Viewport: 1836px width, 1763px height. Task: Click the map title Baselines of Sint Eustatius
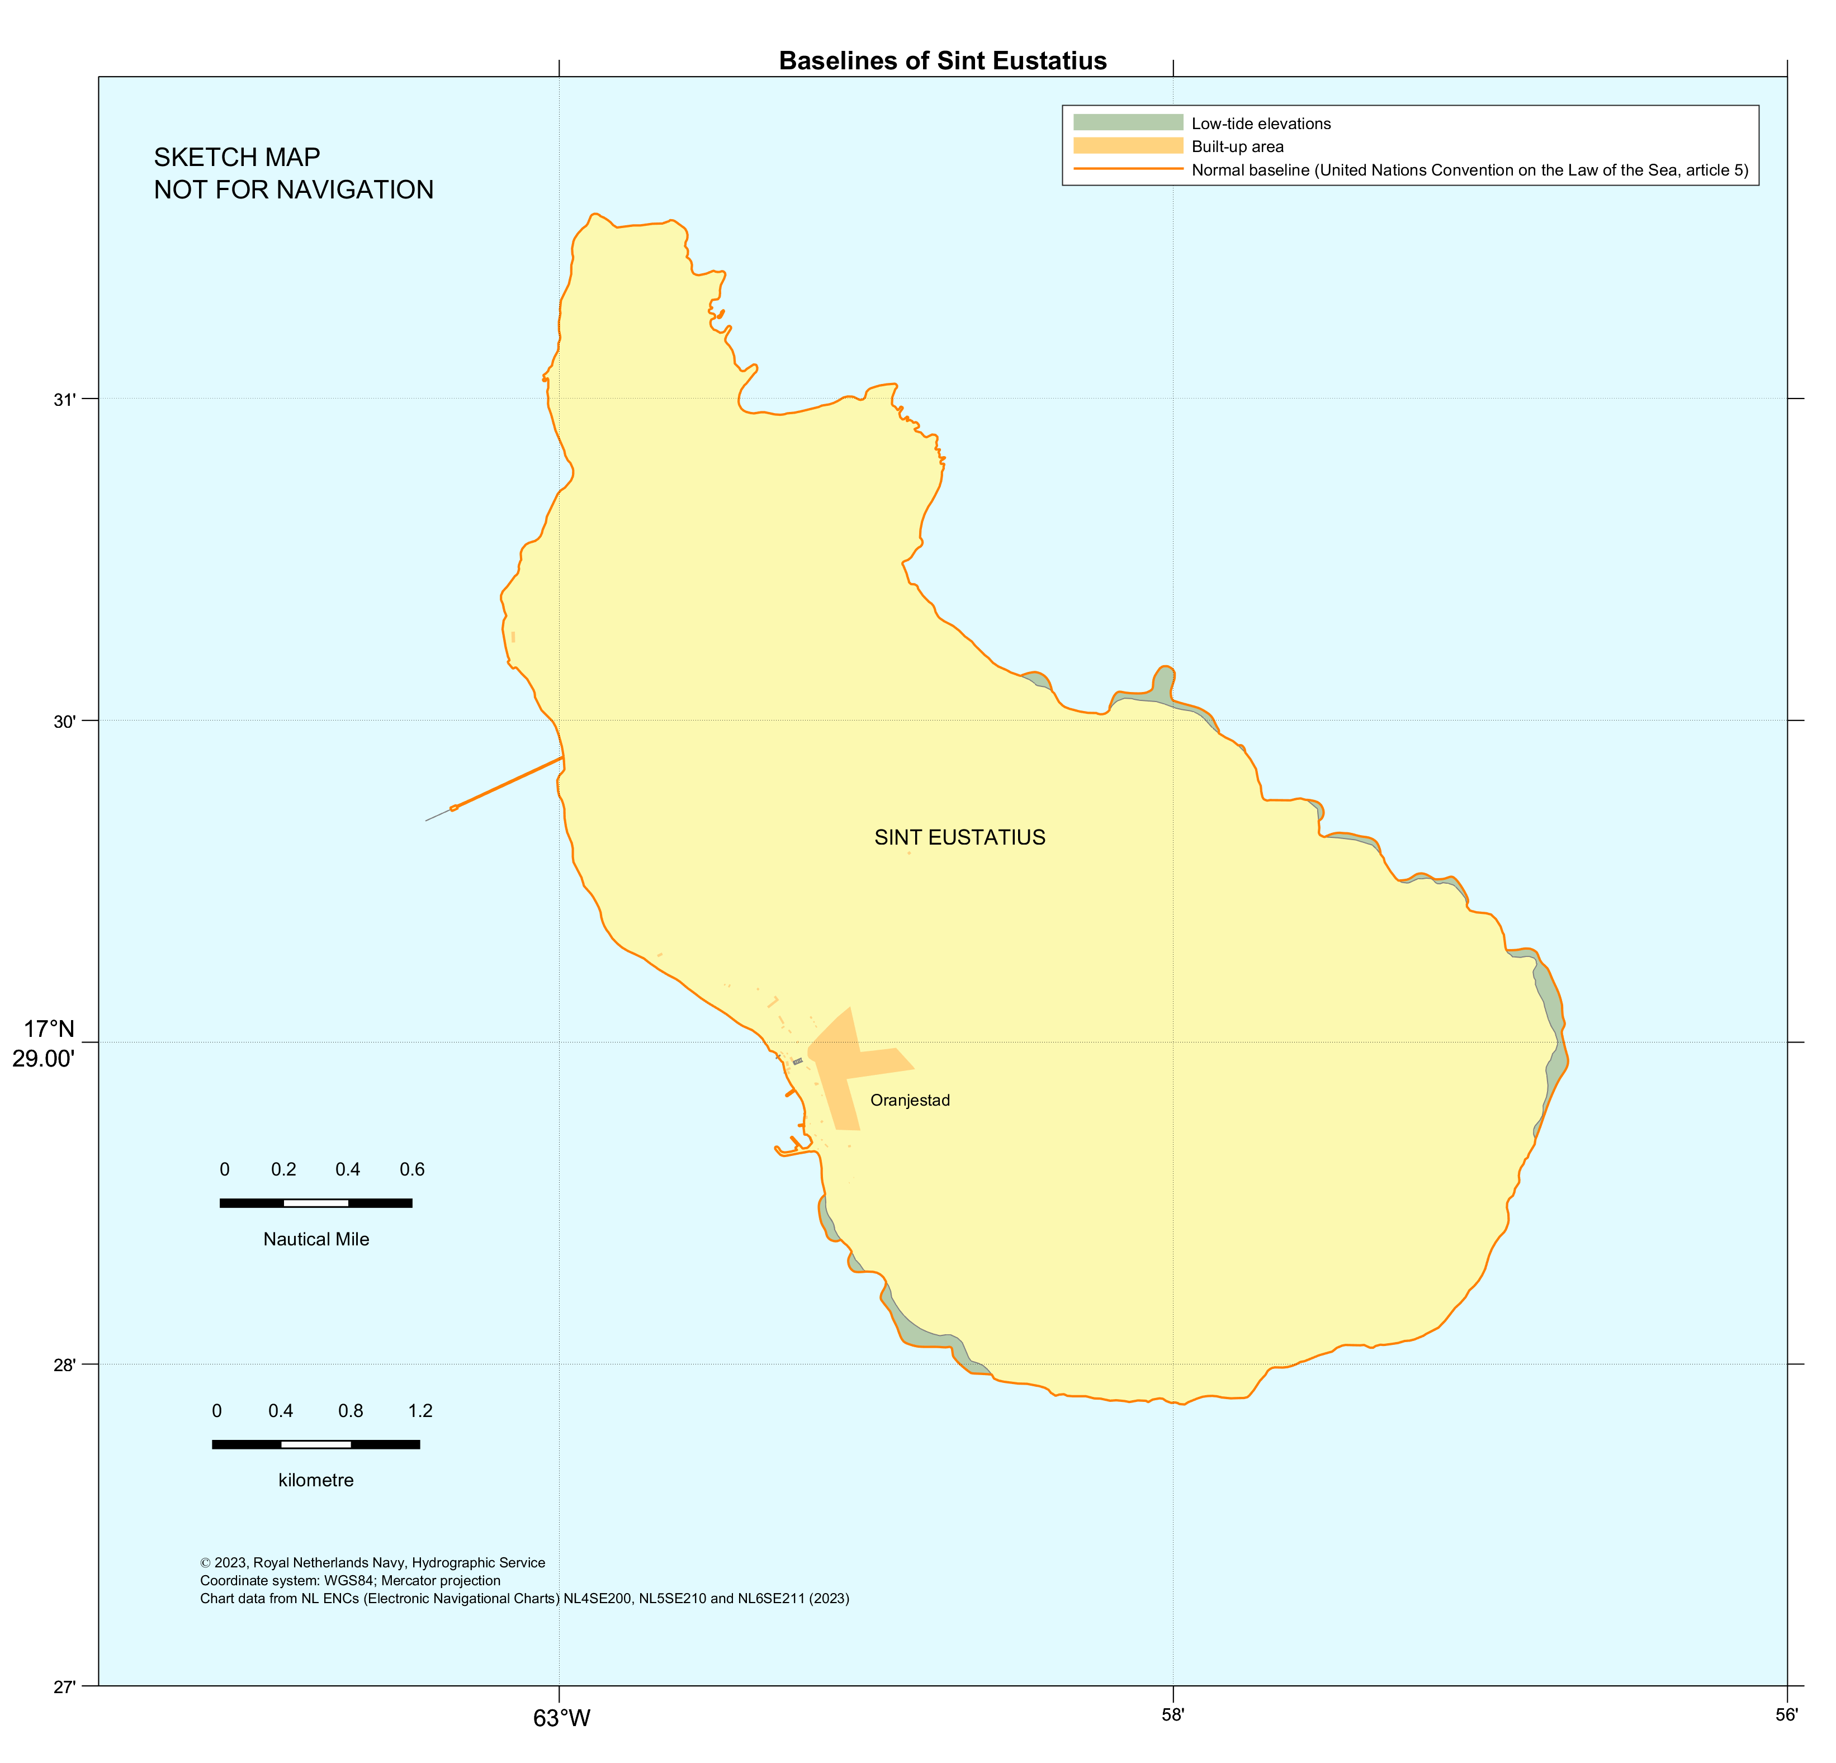[x=943, y=61]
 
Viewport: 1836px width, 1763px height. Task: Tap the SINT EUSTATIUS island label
[x=959, y=837]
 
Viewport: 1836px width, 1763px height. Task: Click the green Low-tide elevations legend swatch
[x=1128, y=123]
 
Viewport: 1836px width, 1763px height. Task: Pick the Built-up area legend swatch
[x=1128, y=146]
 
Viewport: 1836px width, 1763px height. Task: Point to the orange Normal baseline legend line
[x=1128, y=169]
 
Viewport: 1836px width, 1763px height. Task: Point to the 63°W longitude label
[x=561, y=1718]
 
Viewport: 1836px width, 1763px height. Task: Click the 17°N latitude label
[x=49, y=1030]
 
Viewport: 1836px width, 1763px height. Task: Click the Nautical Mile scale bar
[x=316, y=1203]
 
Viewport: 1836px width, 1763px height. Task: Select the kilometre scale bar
[x=316, y=1444]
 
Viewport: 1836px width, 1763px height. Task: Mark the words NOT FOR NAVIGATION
[x=293, y=190]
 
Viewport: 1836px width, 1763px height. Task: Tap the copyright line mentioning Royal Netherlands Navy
[x=372, y=1562]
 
